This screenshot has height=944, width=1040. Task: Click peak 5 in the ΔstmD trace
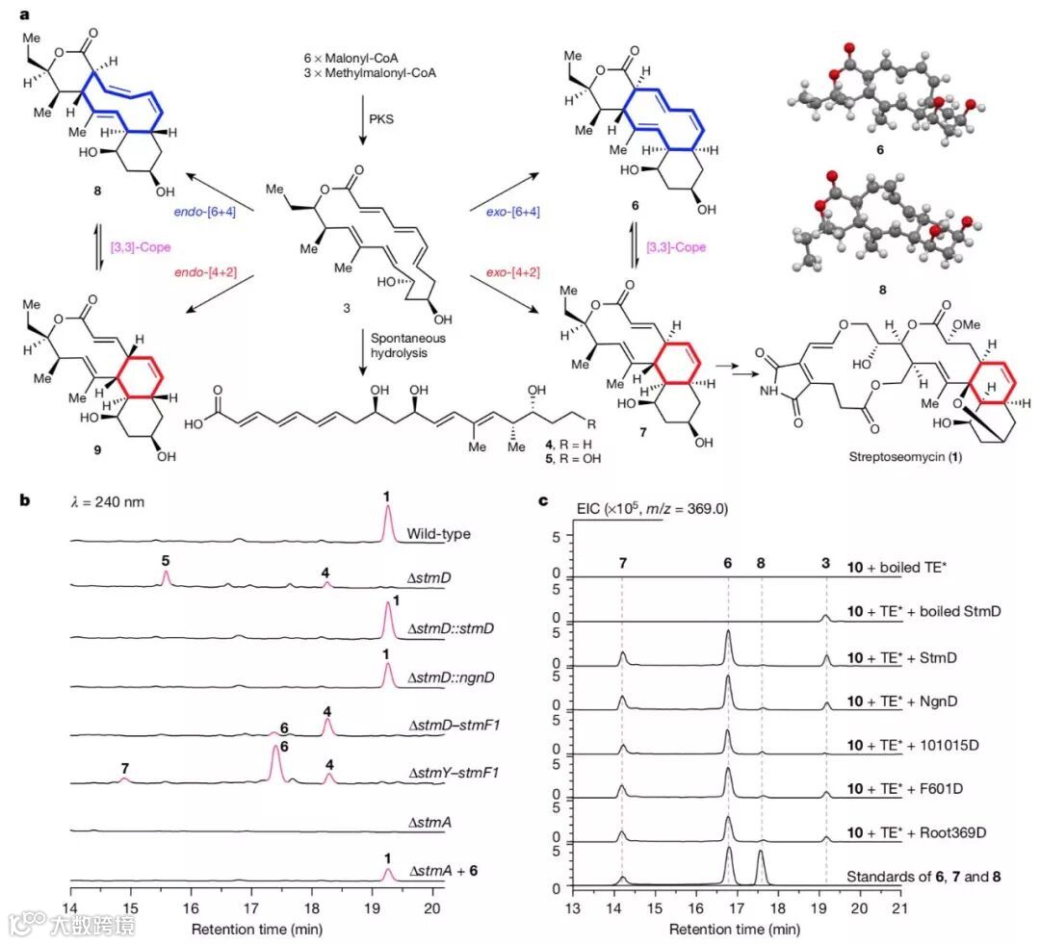(x=166, y=577)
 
